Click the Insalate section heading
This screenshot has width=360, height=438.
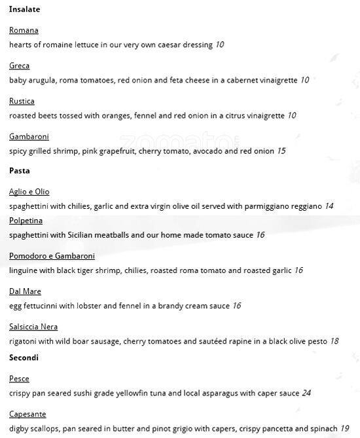click(x=24, y=9)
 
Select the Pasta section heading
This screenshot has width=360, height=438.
click(x=20, y=171)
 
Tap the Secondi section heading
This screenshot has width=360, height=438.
click(x=24, y=357)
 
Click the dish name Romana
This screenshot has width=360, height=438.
click(x=24, y=30)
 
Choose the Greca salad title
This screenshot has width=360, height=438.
click(x=19, y=65)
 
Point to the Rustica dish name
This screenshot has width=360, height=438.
click(x=22, y=101)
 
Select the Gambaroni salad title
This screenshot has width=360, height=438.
click(x=29, y=136)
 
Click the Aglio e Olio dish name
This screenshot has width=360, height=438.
click(x=29, y=192)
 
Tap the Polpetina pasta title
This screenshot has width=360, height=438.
click(x=26, y=221)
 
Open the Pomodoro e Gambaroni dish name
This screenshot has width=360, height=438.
click(x=52, y=256)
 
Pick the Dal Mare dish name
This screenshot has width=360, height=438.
click(x=25, y=291)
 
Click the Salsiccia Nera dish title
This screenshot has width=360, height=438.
click(x=33, y=327)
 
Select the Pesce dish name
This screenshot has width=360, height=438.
click(x=19, y=378)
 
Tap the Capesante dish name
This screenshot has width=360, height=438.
click(x=27, y=414)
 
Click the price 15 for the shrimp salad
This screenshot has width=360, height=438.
click(x=281, y=151)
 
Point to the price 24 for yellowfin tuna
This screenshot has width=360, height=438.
click(x=306, y=393)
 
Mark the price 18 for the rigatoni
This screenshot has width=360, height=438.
click(x=334, y=341)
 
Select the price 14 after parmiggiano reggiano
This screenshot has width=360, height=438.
click(x=329, y=206)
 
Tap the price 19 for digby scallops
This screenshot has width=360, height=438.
click(x=344, y=429)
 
